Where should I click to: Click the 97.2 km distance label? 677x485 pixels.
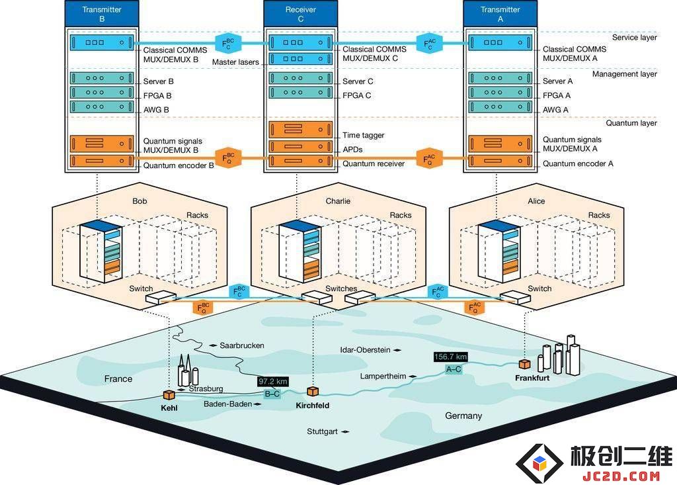(273, 382)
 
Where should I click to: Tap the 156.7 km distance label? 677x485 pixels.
(450, 357)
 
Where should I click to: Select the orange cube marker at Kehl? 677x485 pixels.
(169, 394)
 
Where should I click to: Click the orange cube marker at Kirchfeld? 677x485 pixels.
(313, 392)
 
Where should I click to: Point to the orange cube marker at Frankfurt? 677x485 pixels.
(524, 364)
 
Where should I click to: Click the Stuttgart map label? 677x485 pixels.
(322, 431)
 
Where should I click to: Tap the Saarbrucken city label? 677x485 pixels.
(242, 345)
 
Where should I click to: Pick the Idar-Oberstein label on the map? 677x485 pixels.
(365, 350)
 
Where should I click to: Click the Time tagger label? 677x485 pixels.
(363, 135)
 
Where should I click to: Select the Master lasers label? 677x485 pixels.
(235, 62)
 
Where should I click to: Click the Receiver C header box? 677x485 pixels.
(301, 14)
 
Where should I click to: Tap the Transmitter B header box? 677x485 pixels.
(102, 14)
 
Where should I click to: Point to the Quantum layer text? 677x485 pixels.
(631, 123)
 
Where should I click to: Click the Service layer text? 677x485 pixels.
(634, 38)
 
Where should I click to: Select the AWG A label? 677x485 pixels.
(555, 110)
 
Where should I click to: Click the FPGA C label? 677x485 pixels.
(356, 95)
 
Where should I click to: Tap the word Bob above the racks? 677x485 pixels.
(139, 201)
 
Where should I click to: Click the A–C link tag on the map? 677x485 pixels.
(454, 369)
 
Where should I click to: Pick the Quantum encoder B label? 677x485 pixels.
(179, 165)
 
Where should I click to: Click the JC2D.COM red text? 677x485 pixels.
(621, 476)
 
